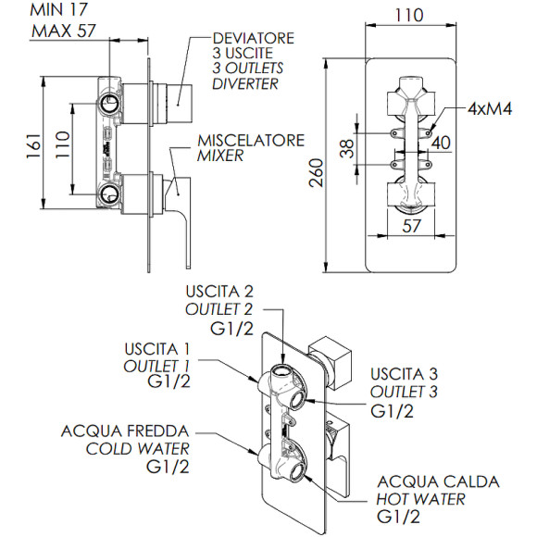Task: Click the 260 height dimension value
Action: (x=316, y=172)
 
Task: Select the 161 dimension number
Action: (x=34, y=146)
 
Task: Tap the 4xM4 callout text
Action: (x=490, y=109)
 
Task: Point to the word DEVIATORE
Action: (x=254, y=38)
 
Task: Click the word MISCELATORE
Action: (x=251, y=141)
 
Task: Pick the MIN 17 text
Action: (x=59, y=9)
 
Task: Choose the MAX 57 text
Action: (x=64, y=31)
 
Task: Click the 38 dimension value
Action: (x=347, y=148)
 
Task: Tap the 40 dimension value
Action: (x=441, y=143)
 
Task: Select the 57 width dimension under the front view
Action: (x=411, y=226)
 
